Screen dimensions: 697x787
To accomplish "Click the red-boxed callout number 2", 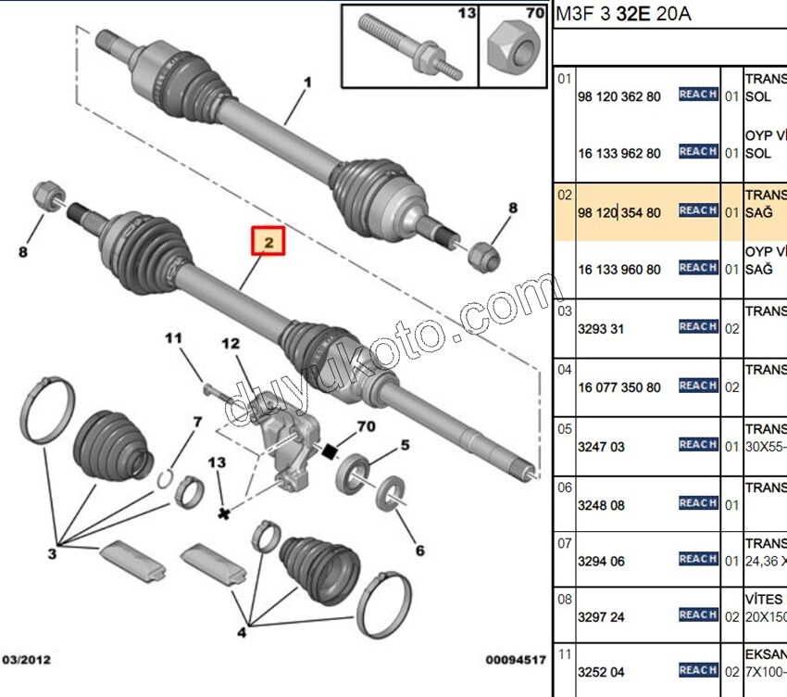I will tap(269, 243).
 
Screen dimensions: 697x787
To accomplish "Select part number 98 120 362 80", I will tap(619, 96).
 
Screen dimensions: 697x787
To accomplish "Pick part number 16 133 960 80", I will tap(619, 270).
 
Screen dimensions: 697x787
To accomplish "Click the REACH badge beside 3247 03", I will tap(698, 445).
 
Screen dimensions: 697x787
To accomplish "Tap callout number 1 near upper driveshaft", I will tap(307, 83).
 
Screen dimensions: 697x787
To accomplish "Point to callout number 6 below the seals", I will tap(419, 551).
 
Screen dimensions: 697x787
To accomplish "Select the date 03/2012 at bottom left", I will tap(26, 660).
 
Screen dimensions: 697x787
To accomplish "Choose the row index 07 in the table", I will tap(565, 543).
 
